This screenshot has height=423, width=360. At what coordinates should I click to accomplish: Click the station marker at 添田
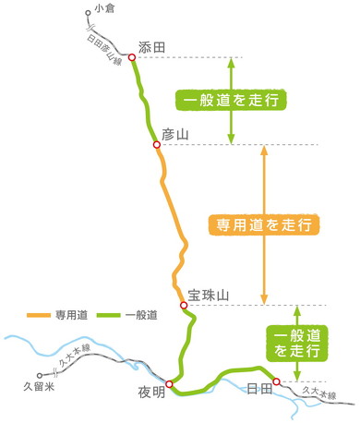[132, 57]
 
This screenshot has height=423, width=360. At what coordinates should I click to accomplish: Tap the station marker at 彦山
[157, 145]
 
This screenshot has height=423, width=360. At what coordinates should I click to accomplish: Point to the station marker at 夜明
[169, 383]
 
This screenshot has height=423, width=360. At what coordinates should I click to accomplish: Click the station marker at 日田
[276, 381]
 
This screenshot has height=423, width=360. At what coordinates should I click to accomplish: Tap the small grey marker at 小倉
[88, 13]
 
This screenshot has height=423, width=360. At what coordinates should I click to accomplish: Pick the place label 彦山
[174, 135]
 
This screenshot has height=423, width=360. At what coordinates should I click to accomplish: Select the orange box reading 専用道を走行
[264, 224]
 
